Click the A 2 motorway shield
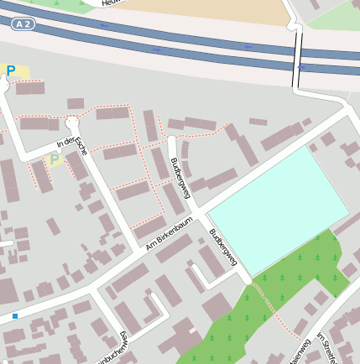[x=23, y=24]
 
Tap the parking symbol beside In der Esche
[x=55, y=159]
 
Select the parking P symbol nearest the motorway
[x=11, y=70]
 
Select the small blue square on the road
[x=14, y=316]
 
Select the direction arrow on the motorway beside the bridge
[x=300, y=66]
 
